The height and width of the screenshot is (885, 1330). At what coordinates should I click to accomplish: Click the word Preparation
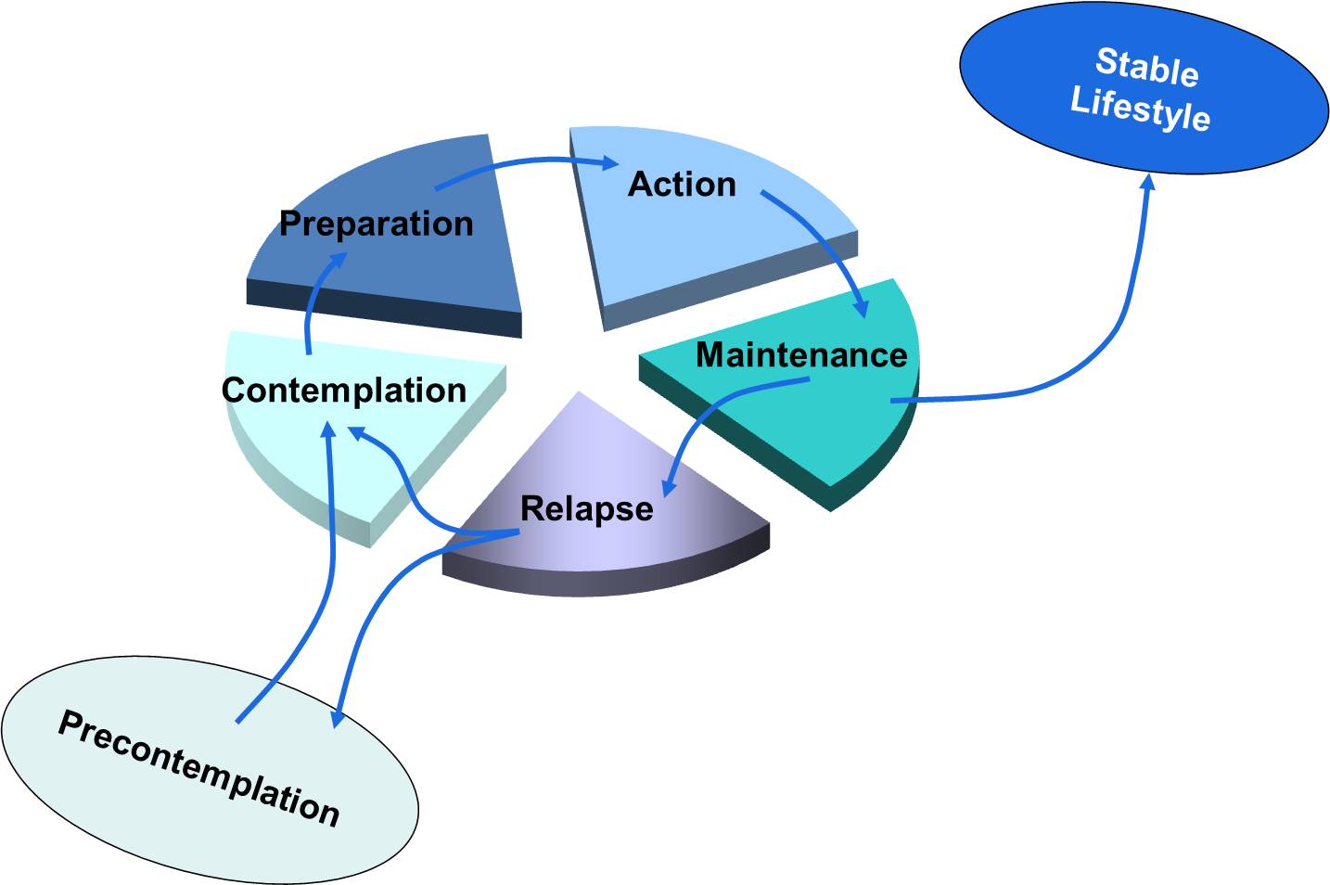376,224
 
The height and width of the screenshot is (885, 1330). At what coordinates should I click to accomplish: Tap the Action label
682,184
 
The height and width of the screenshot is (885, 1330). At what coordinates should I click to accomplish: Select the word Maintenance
801,354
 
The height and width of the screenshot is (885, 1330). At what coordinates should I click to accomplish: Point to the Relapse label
586,508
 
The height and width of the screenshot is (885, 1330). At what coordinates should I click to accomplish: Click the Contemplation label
343,390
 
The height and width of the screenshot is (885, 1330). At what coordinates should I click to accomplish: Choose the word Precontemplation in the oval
198,768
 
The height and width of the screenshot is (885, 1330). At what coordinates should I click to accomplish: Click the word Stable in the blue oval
1147,67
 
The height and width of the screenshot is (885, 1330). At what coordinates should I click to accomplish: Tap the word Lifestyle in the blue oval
1140,109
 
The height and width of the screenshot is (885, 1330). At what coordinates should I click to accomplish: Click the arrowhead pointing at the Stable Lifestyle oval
1147,182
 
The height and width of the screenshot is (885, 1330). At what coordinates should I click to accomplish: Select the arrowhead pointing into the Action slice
608,163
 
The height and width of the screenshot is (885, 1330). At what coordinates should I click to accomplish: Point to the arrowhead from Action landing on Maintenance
861,308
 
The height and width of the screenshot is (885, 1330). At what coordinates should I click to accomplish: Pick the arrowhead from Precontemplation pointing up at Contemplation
327,430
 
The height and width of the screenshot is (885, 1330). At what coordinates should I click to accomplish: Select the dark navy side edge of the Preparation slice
380,307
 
